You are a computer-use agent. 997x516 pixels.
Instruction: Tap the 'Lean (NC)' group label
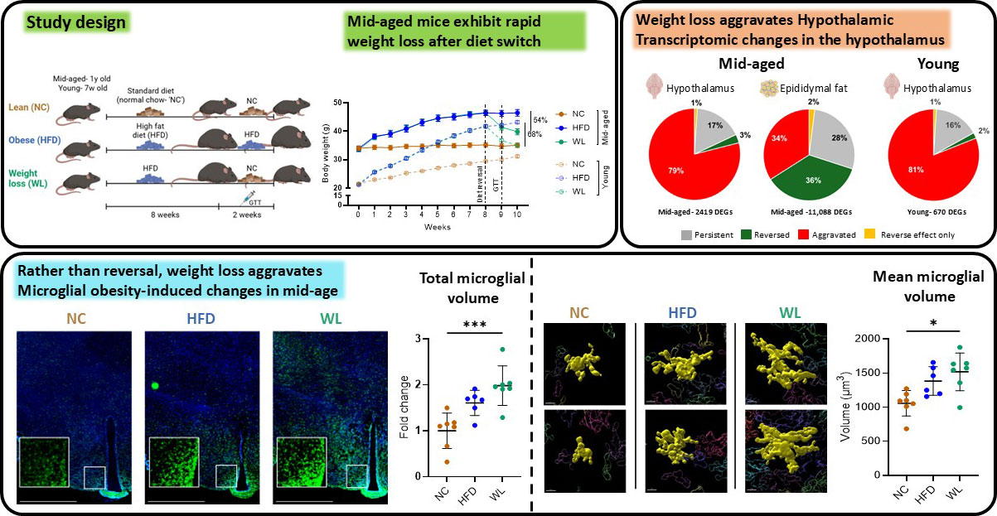[27, 107]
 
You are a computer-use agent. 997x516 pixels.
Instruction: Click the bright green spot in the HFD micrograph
[155, 385]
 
